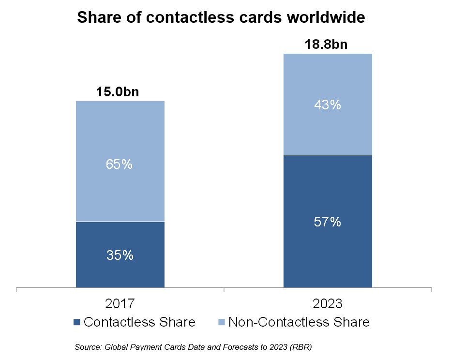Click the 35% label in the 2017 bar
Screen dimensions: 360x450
tap(120, 255)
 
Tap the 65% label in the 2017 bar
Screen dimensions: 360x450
tap(120, 165)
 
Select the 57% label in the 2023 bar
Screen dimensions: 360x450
tap(328, 222)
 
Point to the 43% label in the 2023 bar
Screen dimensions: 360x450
tap(328, 105)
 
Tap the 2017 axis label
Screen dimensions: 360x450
tap(120, 304)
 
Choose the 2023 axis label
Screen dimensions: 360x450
tap(328, 304)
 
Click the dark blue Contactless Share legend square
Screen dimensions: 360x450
tap(76, 322)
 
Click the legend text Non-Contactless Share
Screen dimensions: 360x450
tap(299, 322)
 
